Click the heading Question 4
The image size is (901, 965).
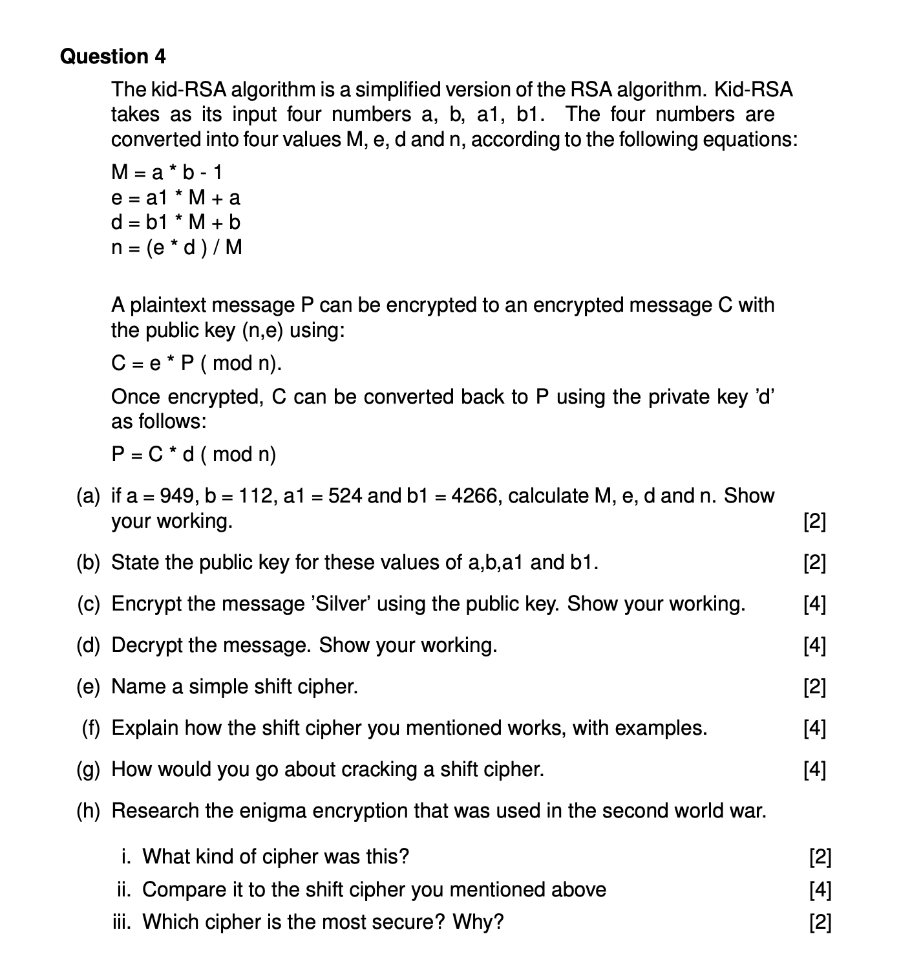pos(112,57)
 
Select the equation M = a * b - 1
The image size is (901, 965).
pos(167,172)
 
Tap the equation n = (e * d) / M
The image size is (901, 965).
pos(176,247)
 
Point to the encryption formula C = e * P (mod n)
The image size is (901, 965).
pos(196,363)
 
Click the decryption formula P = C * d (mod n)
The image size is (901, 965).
pos(193,454)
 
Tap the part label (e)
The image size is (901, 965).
pos(89,686)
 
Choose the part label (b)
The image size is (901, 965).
pos(89,562)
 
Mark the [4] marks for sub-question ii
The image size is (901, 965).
pos(820,889)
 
